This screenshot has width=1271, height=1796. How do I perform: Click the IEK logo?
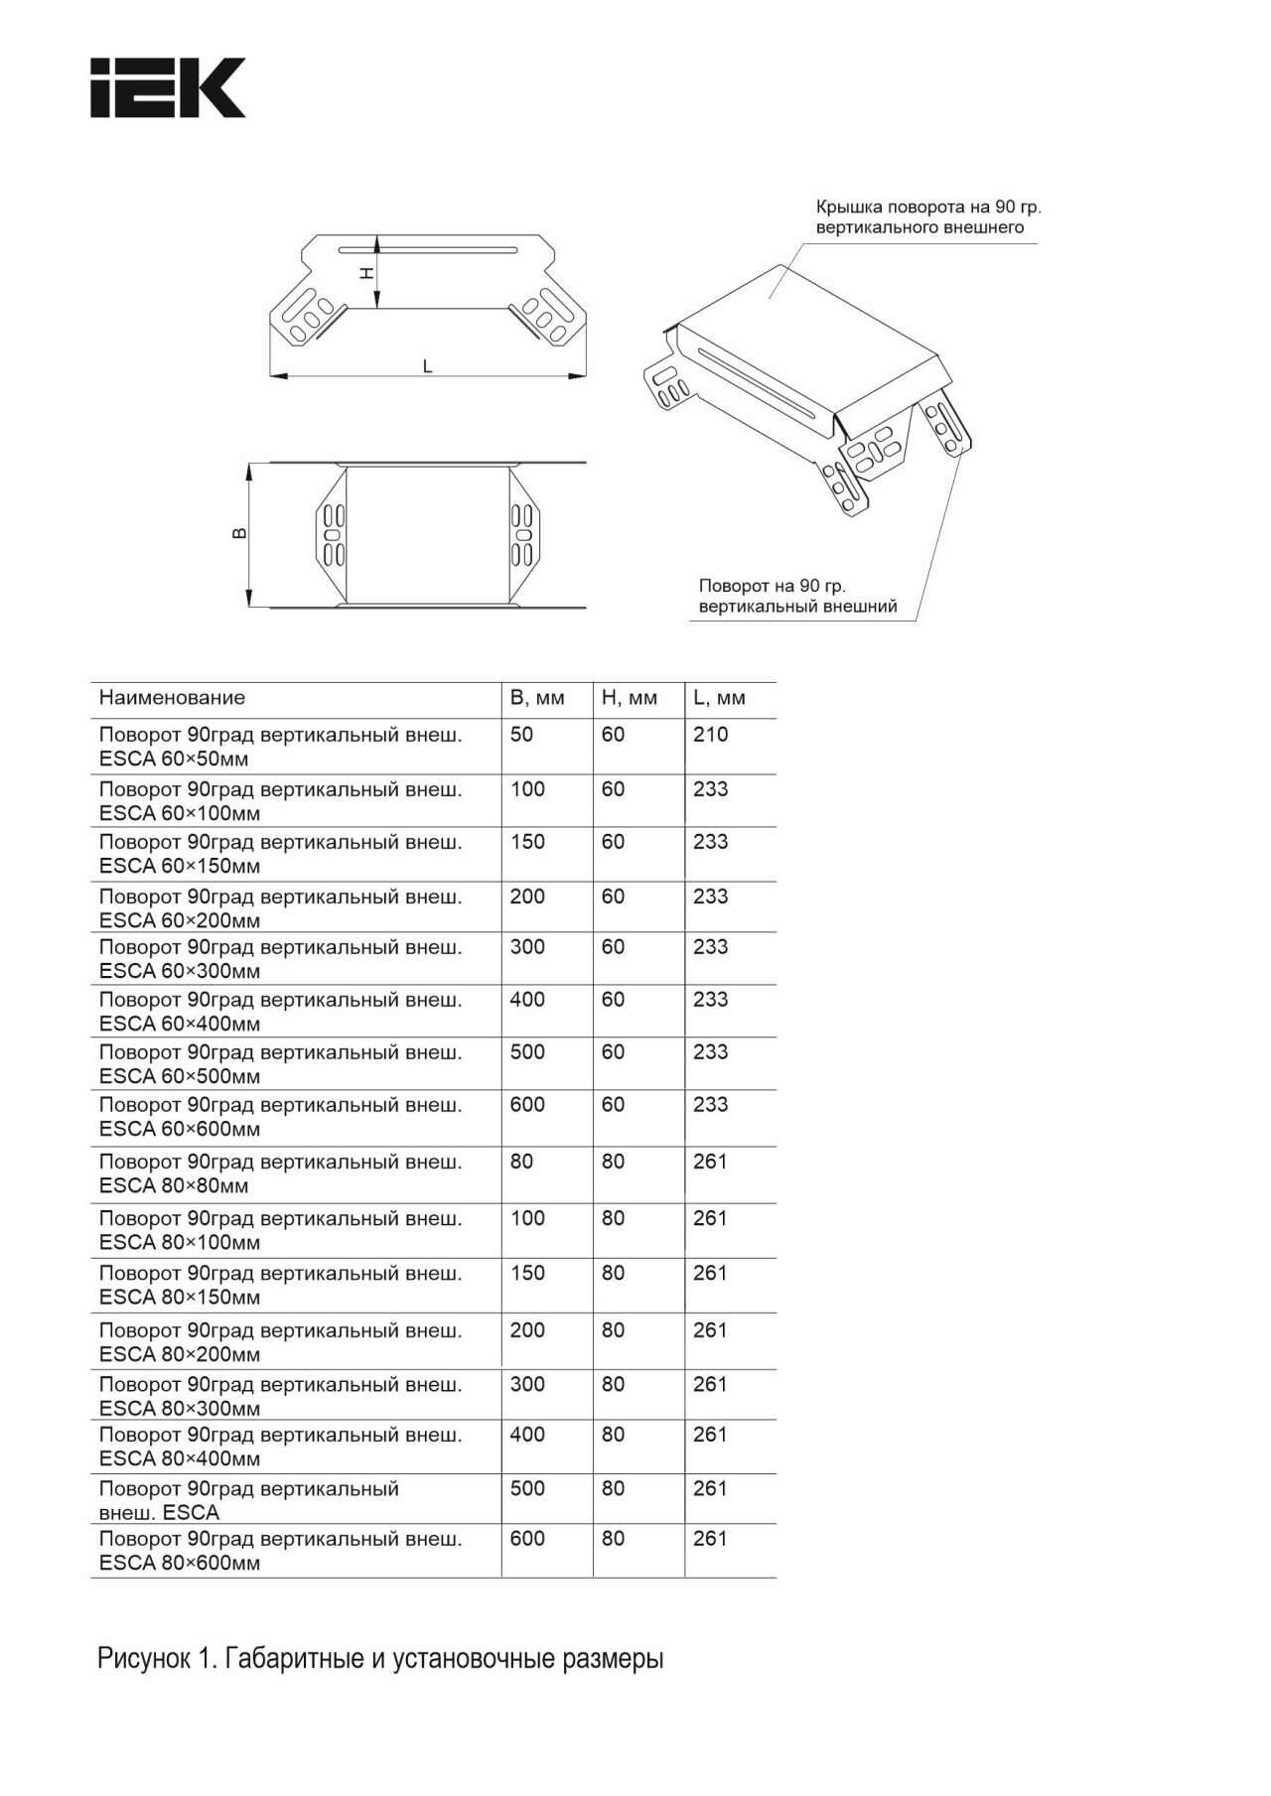[x=168, y=87]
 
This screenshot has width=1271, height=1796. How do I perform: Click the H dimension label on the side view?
[x=366, y=272]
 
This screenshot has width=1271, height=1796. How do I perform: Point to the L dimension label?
[x=428, y=366]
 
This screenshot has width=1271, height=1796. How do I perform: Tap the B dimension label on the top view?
[x=239, y=534]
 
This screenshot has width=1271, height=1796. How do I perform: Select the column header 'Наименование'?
[x=172, y=698]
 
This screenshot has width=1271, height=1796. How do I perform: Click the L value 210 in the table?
[x=710, y=735]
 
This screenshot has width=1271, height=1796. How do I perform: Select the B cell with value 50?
[x=521, y=735]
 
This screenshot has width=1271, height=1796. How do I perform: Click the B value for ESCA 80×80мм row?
[x=521, y=1162]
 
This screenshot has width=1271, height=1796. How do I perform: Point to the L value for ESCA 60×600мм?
[x=710, y=1105]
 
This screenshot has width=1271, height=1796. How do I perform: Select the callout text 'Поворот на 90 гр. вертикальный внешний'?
[x=797, y=597]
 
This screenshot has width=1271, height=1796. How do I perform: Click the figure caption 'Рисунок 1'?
[x=379, y=1659]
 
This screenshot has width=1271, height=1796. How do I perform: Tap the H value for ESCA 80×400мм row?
[x=613, y=1435]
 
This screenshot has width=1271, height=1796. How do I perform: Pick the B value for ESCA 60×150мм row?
[x=527, y=842]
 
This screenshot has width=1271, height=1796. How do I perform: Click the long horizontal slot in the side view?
[x=427, y=247]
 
